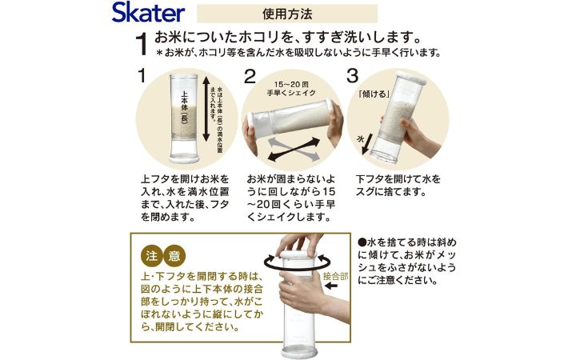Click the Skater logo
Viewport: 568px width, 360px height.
[x=148, y=13]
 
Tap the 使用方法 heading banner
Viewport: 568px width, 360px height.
[x=287, y=14]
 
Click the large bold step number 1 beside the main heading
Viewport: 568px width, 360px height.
[x=142, y=45]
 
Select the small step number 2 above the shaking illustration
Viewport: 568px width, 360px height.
[x=250, y=77]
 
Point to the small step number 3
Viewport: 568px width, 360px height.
[x=353, y=76]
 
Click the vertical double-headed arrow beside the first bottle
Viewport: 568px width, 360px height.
[x=206, y=109]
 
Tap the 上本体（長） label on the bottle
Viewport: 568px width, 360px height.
[x=184, y=108]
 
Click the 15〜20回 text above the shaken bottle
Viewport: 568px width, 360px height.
[x=291, y=84]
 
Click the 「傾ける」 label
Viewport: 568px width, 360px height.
[x=374, y=94]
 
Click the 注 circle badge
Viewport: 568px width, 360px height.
[x=151, y=256]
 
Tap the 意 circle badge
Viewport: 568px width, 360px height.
[x=174, y=256]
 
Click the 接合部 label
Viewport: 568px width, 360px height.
[x=335, y=277]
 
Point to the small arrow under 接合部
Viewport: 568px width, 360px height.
[x=331, y=286]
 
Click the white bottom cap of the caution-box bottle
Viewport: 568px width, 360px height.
[x=299, y=354]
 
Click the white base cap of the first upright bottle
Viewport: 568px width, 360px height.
[x=184, y=158]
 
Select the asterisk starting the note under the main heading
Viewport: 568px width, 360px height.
[x=159, y=54]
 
